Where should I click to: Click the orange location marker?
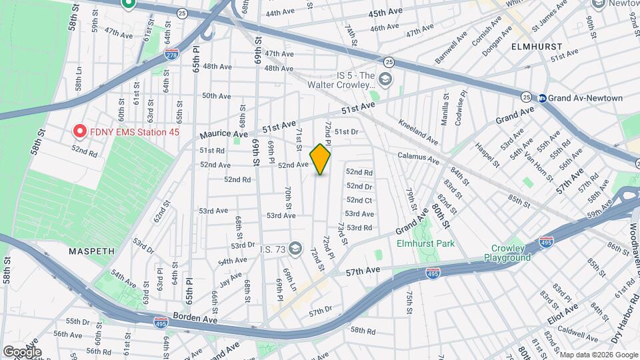(x=321, y=159)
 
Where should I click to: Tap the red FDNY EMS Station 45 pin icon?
(x=80, y=131)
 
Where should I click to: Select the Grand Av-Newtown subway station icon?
(x=543, y=98)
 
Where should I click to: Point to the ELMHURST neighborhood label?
(x=537, y=47)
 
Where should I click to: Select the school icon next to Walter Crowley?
(x=384, y=80)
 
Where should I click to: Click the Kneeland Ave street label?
(x=418, y=132)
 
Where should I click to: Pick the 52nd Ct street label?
(x=359, y=200)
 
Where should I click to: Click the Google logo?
(x=22, y=351)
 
